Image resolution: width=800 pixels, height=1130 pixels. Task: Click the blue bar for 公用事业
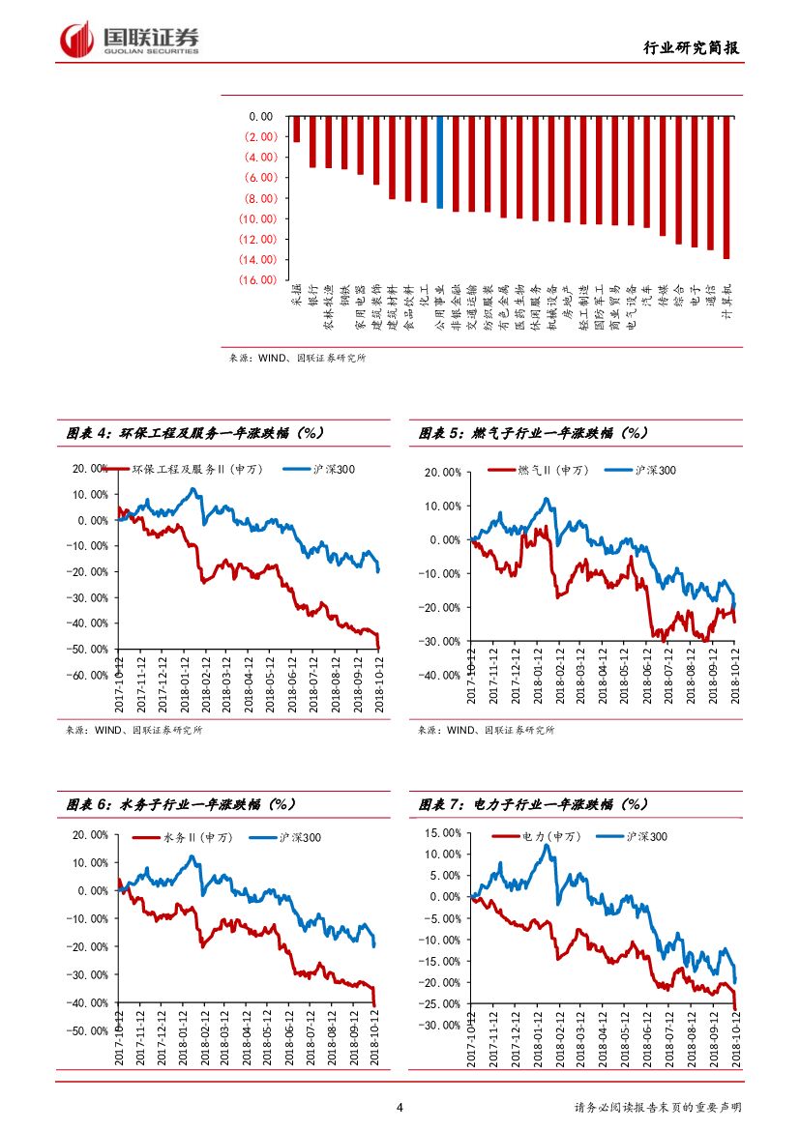pyautogui.click(x=439, y=161)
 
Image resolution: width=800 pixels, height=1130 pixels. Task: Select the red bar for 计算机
pyautogui.click(x=726, y=188)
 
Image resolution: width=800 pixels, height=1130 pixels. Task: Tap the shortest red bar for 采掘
pyautogui.click(x=297, y=129)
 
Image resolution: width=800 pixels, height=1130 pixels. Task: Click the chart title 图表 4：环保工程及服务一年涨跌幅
pyautogui.click(x=194, y=433)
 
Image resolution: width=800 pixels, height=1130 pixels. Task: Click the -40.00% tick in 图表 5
pyautogui.click(x=441, y=675)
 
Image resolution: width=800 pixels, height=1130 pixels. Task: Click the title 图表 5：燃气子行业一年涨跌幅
pyautogui.click(x=533, y=433)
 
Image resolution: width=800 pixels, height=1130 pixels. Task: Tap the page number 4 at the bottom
pyautogui.click(x=400, y=1107)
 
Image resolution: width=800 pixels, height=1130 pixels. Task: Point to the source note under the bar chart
pyautogui.click(x=297, y=357)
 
